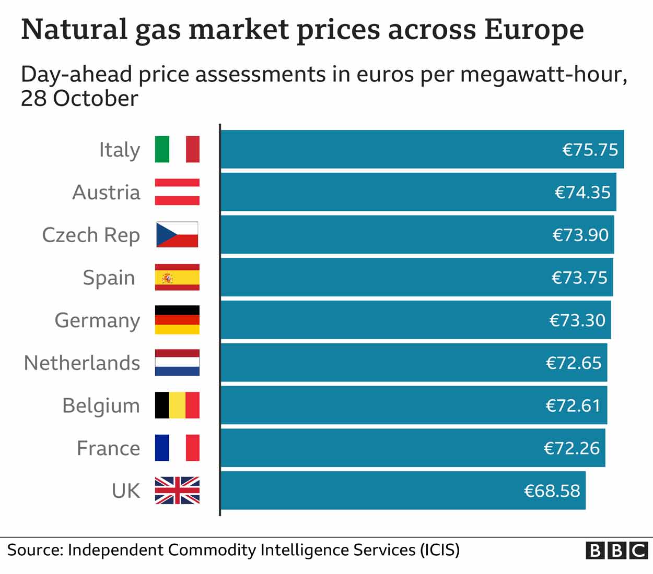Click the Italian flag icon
click(177, 149)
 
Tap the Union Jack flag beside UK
click(177, 491)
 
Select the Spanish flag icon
click(177, 277)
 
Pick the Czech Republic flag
click(177, 234)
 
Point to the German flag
click(177, 320)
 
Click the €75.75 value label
click(590, 150)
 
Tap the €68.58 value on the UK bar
click(552, 491)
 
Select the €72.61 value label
click(573, 405)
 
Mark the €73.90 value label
click(580, 235)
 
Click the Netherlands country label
click(82, 363)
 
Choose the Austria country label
click(106, 192)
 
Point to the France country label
click(108, 448)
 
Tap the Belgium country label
click(101, 406)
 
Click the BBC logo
click(616, 551)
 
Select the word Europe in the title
click(533, 29)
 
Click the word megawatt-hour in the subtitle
click(543, 75)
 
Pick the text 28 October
click(79, 99)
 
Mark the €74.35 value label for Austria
click(582, 193)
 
